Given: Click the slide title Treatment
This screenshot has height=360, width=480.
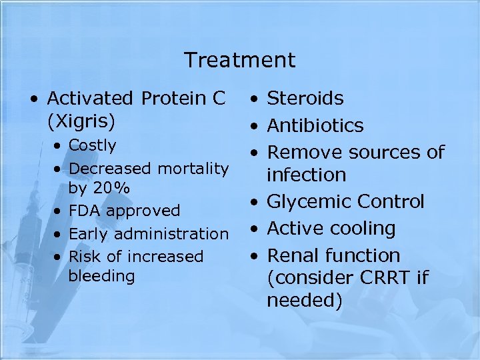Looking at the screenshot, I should [239, 60].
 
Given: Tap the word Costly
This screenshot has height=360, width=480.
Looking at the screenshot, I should [93, 145].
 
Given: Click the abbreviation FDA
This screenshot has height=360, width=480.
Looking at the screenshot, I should [85, 211].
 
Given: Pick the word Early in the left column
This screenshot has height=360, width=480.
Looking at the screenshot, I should [90, 233].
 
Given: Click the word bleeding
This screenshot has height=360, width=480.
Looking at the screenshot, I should [101, 275].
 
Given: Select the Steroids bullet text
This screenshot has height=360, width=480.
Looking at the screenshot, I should [305, 99].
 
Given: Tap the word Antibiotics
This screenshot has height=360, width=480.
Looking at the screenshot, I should [315, 125].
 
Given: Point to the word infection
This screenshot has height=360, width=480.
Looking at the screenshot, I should [307, 175].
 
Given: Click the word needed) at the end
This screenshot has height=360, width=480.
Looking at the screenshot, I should [305, 301].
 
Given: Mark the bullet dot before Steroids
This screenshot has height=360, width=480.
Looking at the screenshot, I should [255, 100].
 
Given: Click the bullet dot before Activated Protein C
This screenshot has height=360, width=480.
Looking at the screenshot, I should [35, 100].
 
